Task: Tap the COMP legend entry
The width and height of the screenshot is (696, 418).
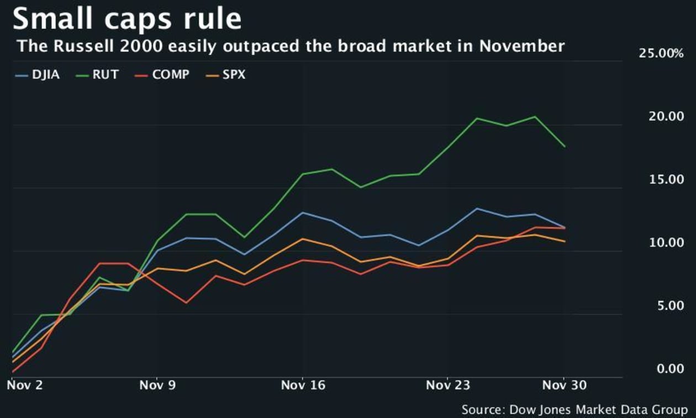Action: click(163, 75)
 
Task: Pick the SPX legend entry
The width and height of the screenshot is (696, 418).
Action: click(226, 75)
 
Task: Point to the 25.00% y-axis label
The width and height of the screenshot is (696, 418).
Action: click(661, 54)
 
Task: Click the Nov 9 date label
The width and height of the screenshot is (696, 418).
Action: click(157, 385)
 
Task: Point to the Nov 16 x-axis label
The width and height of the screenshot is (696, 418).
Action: click(303, 385)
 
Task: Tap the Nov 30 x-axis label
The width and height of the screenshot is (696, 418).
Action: click(565, 385)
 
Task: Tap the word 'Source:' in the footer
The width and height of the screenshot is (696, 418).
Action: click(483, 410)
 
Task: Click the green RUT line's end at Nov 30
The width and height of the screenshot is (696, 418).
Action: click(565, 147)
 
